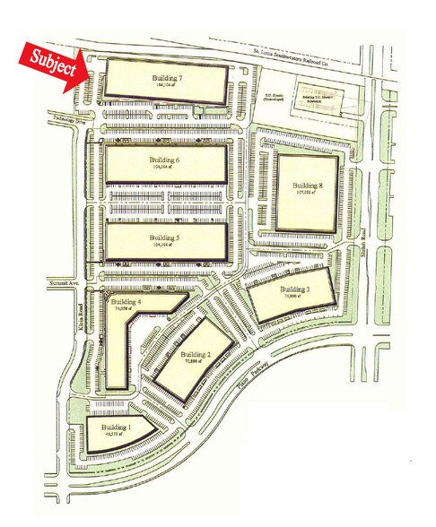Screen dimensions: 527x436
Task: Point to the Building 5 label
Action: click(x=165, y=237)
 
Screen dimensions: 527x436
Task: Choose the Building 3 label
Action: click(x=294, y=289)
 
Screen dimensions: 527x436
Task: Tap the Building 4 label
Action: click(x=127, y=303)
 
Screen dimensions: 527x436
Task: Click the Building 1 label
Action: click(x=116, y=428)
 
